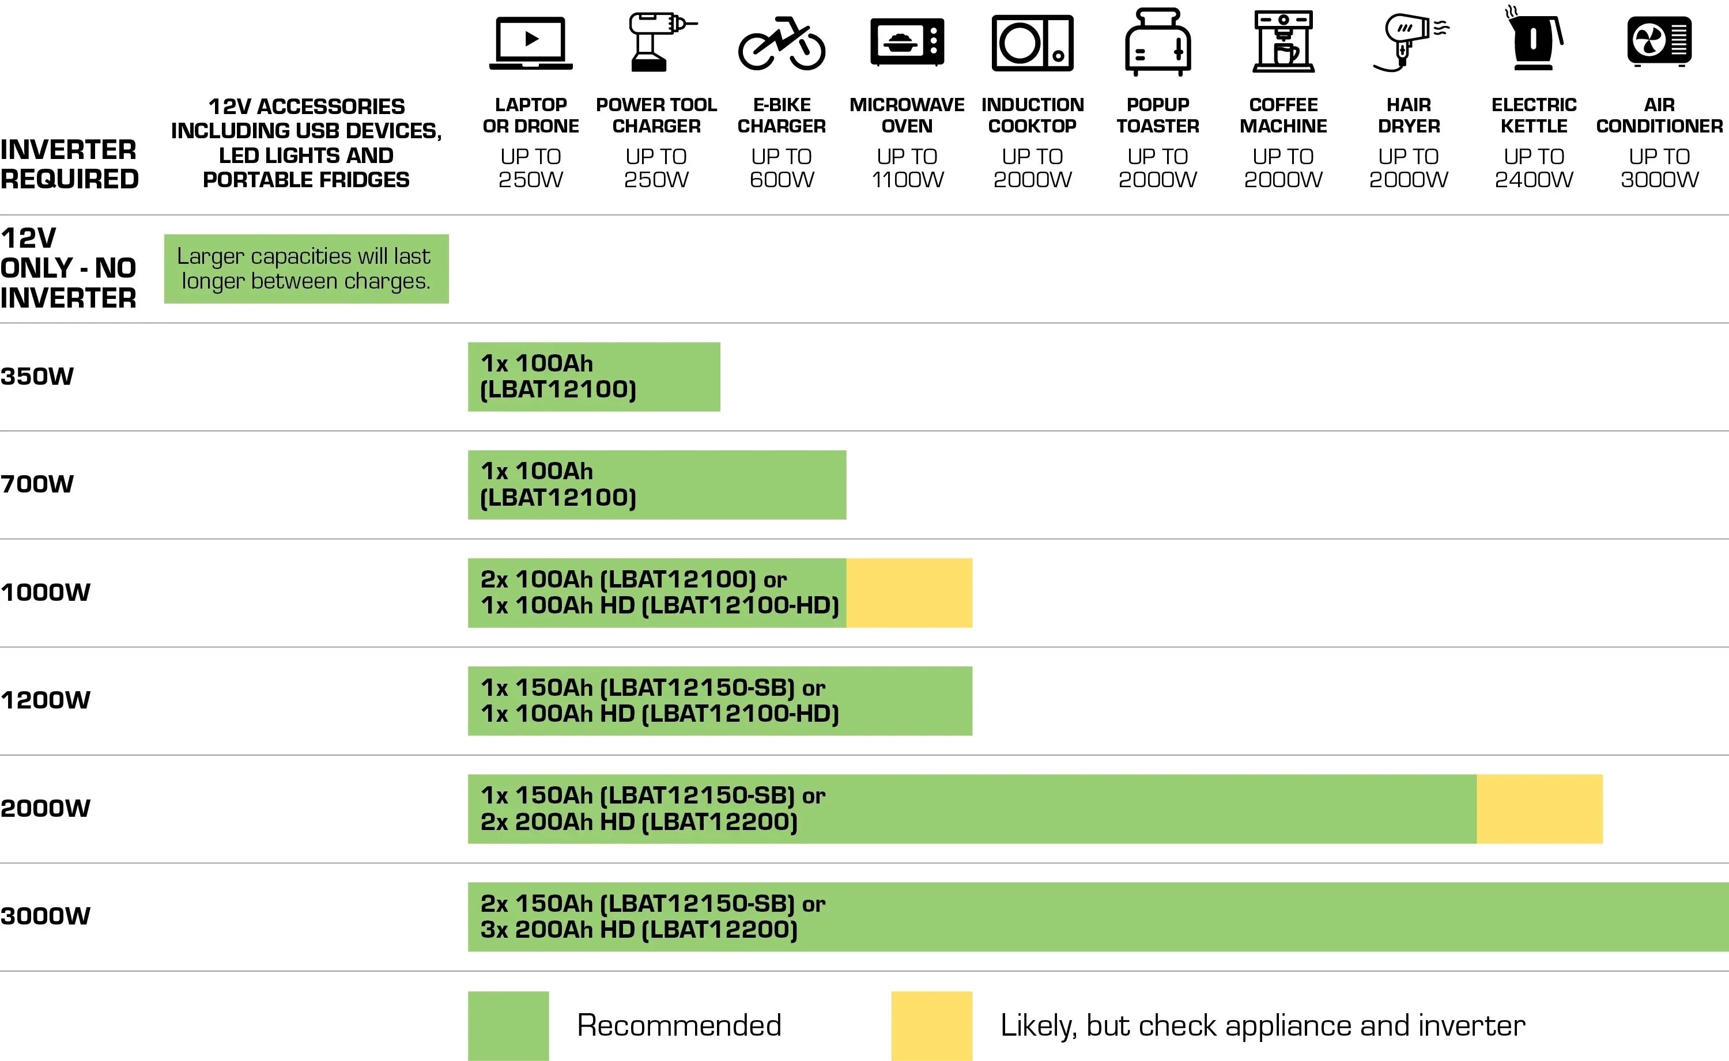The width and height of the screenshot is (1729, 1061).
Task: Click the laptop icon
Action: (x=531, y=43)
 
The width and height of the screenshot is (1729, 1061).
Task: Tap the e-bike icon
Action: (x=782, y=44)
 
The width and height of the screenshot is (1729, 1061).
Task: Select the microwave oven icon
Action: (x=907, y=42)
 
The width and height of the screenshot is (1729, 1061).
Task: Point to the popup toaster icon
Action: (x=1158, y=42)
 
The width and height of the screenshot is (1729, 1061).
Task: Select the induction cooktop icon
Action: (x=1032, y=43)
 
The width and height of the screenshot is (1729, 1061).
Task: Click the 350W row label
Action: (x=37, y=376)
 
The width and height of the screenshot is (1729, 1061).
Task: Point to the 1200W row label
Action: (x=46, y=700)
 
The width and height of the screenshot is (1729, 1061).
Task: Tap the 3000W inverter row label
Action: (x=46, y=916)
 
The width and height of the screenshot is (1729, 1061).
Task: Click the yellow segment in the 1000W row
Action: (x=909, y=593)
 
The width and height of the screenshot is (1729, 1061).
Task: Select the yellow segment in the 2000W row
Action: (x=1539, y=808)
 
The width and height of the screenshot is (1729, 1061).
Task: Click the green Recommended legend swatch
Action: (x=508, y=1025)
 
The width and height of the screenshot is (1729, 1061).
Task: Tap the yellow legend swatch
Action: (x=931, y=1025)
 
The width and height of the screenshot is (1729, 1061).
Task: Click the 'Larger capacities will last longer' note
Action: (x=306, y=269)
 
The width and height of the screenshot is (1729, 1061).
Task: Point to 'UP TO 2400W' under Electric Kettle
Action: (x=1534, y=168)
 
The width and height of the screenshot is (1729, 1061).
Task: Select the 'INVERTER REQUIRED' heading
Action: (x=69, y=164)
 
